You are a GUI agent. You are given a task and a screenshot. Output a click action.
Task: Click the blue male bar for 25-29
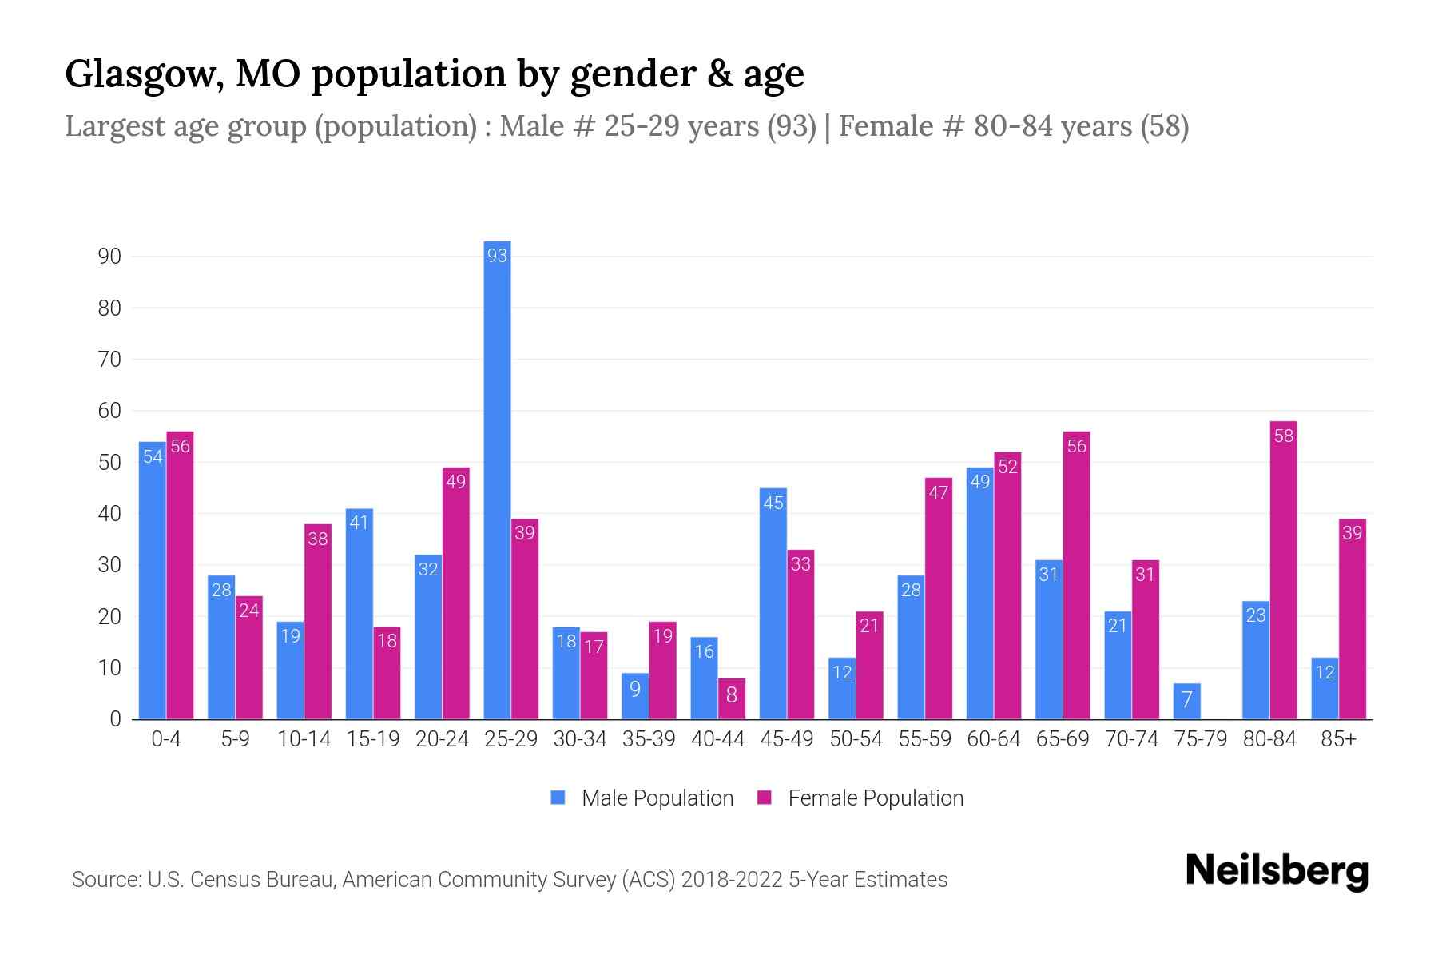pyautogui.click(x=497, y=479)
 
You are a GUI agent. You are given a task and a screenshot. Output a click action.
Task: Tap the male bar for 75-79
pyautogui.click(x=1186, y=702)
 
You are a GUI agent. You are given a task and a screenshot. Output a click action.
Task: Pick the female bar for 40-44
pyautogui.click(x=731, y=698)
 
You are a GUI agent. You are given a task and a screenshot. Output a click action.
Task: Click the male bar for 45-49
pyautogui.click(x=773, y=603)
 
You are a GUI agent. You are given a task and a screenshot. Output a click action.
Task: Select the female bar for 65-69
pyautogui.click(x=1076, y=575)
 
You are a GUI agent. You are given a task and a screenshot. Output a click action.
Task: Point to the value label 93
pyautogui.click(x=497, y=256)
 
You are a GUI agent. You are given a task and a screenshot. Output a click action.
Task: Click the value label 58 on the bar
pyautogui.click(x=1283, y=436)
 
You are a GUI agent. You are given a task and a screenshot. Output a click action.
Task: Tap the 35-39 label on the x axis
pyautogui.click(x=649, y=739)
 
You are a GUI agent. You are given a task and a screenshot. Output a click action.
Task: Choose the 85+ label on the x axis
pyautogui.click(x=1338, y=739)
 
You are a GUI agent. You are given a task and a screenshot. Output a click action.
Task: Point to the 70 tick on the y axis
pyautogui.click(x=109, y=360)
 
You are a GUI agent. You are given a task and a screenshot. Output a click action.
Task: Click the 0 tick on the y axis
pyautogui.click(x=115, y=719)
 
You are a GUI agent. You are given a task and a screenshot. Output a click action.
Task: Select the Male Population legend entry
pyautogui.click(x=657, y=798)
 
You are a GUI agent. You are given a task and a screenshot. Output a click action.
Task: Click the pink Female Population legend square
pyautogui.click(x=765, y=798)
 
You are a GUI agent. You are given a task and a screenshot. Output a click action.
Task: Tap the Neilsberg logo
pyautogui.click(x=1277, y=871)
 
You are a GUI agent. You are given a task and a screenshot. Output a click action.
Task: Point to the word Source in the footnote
pyautogui.click(x=105, y=880)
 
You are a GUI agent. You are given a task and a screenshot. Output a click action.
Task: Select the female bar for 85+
pyautogui.click(x=1352, y=619)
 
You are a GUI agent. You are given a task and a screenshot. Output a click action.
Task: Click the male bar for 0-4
pyautogui.click(x=152, y=580)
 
